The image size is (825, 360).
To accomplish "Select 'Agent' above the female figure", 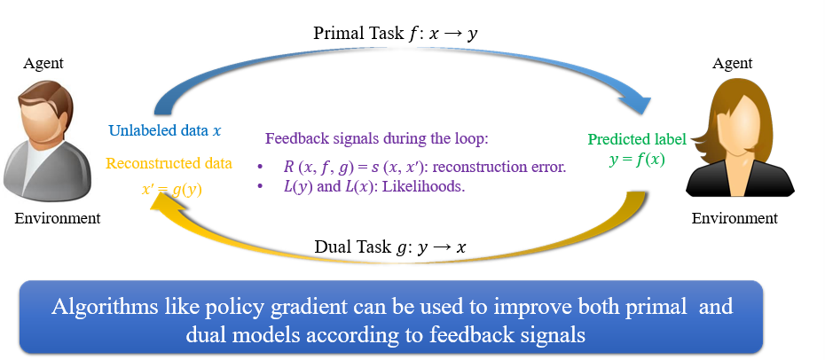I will [x=732, y=63].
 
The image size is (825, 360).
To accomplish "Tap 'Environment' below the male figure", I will [x=58, y=217].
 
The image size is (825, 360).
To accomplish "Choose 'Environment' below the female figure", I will [x=735, y=217].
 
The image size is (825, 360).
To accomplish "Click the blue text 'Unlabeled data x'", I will [x=165, y=130].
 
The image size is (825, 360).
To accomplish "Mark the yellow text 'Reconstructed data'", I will [x=169, y=163].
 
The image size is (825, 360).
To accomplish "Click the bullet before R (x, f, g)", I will [x=260, y=167].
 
